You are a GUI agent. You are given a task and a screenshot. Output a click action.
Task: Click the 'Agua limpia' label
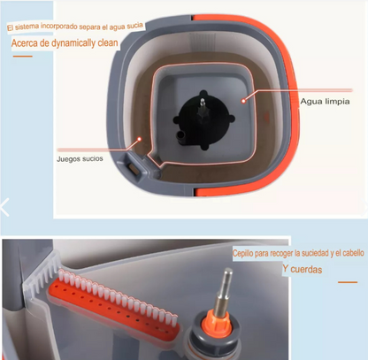click(325, 102)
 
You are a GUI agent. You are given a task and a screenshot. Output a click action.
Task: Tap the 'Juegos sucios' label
click(80, 159)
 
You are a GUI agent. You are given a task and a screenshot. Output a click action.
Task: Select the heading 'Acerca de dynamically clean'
click(65, 43)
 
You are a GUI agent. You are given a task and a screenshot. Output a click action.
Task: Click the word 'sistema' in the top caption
click(27, 27)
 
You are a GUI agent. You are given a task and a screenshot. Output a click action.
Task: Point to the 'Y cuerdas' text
click(303, 269)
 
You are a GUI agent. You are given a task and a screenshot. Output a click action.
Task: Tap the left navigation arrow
click(4, 207)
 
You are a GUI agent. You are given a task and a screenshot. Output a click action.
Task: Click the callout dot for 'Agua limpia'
click(243, 101)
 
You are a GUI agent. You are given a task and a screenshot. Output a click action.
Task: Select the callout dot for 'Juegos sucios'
click(140, 139)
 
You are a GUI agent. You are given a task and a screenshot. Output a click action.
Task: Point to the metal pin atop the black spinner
click(203, 103)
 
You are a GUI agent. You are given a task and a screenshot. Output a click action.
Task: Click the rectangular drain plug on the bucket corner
click(133, 170)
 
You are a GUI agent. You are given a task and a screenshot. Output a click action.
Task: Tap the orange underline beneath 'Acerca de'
click(22, 56)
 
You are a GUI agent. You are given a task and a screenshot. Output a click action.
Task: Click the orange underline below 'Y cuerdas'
click(348, 282)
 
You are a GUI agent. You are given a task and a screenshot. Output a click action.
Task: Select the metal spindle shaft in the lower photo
click(223, 291)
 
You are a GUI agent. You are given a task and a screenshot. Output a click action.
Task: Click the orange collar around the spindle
click(218, 324)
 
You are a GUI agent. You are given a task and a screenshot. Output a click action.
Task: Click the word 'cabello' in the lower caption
click(353, 253)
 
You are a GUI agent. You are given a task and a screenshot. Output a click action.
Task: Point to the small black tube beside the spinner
click(180, 136)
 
